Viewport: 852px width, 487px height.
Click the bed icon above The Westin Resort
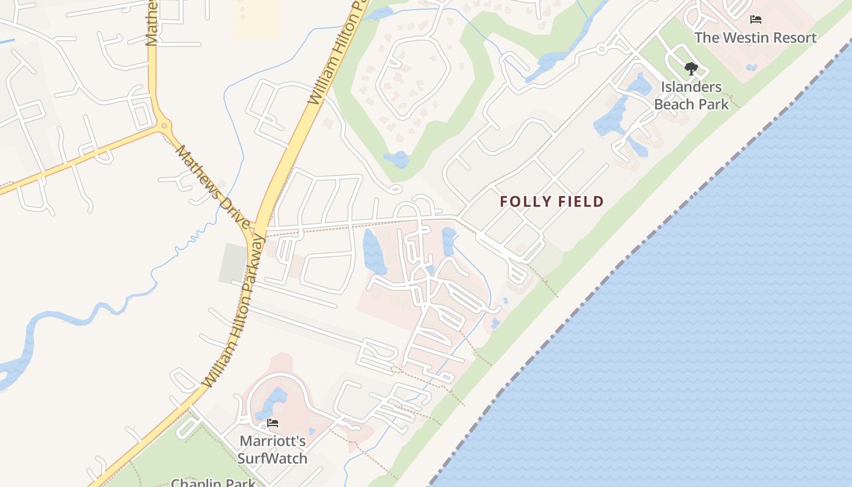click(x=756, y=19)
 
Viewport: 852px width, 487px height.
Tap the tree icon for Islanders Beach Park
click(x=691, y=69)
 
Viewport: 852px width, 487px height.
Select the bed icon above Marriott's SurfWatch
click(x=273, y=423)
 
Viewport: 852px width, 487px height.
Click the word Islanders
click(x=691, y=87)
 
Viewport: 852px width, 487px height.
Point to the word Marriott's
click(x=273, y=441)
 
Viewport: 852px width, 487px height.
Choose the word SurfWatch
click(x=273, y=458)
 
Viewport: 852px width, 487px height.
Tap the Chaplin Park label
click(x=212, y=483)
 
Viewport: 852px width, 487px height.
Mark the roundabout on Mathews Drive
click(x=164, y=127)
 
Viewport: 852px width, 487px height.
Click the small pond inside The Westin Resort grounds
click(x=752, y=66)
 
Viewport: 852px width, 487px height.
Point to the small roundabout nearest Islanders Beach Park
click(x=601, y=49)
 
